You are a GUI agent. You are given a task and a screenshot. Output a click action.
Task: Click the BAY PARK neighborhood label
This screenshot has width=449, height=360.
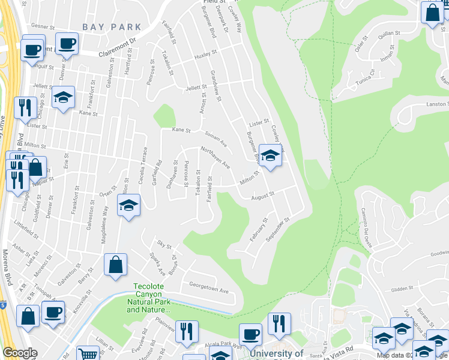[x=112, y=27]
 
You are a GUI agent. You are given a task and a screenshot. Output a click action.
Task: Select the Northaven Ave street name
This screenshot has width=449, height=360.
[x=215, y=157]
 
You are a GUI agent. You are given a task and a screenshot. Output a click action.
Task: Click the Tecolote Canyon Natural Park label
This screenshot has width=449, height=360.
[x=148, y=298]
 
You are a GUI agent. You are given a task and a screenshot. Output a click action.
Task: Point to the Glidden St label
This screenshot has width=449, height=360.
[x=396, y=289]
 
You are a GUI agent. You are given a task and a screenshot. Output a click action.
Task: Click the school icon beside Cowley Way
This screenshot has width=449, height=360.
[x=271, y=156]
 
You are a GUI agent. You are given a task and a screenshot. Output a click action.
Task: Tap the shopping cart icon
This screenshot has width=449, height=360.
[x=89, y=353]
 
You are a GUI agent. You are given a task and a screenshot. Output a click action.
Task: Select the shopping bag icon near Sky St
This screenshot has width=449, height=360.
[x=115, y=264]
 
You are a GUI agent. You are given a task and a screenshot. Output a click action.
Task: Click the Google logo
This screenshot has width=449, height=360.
[x=20, y=353]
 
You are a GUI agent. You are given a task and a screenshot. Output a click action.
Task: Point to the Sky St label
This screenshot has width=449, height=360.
[x=164, y=246]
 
